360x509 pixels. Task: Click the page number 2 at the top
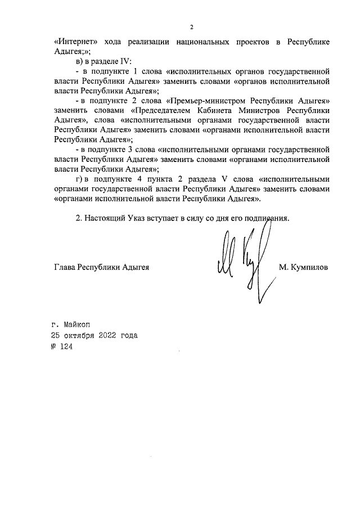tap(191, 27)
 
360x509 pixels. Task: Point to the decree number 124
tap(66, 346)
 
